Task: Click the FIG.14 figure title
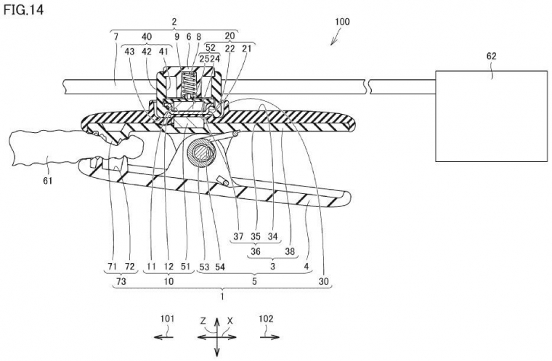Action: coord(23,10)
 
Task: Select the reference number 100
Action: coord(342,22)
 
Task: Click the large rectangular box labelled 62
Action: coord(490,116)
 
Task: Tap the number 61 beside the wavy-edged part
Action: coord(47,181)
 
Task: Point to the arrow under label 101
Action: coord(163,337)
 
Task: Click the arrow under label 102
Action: coord(269,337)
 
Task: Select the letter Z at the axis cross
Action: coord(203,321)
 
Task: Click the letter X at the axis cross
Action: coord(230,321)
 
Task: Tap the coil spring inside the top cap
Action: coord(190,84)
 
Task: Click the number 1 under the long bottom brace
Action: coord(222,296)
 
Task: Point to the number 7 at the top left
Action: coord(115,36)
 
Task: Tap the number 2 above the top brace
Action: coord(174,22)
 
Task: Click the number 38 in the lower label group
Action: coord(290,251)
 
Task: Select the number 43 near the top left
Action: coord(129,52)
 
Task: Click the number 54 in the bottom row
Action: coord(219,267)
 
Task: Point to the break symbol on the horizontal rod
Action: coord(368,86)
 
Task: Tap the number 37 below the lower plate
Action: coord(238,236)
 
